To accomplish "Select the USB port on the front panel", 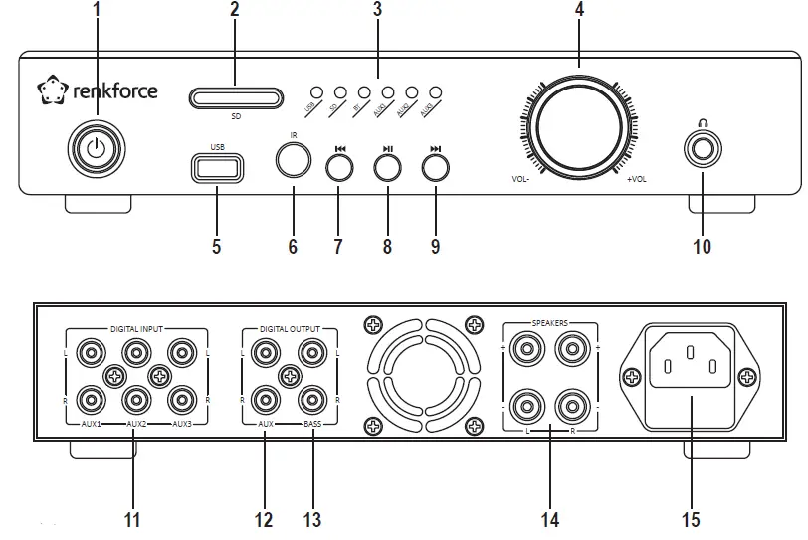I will tap(217, 167).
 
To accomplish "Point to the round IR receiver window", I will tap(294, 159).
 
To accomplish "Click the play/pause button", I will tap(388, 166).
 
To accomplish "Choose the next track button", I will tap(435, 166).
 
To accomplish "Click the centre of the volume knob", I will tap(578, 128).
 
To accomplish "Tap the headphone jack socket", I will tap(703, 148).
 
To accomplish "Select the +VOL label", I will tap(637, 180).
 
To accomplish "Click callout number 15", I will tap(691, 519).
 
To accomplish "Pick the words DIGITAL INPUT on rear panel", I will tap(136, 327).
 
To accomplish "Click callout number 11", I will tap(133, 519).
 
